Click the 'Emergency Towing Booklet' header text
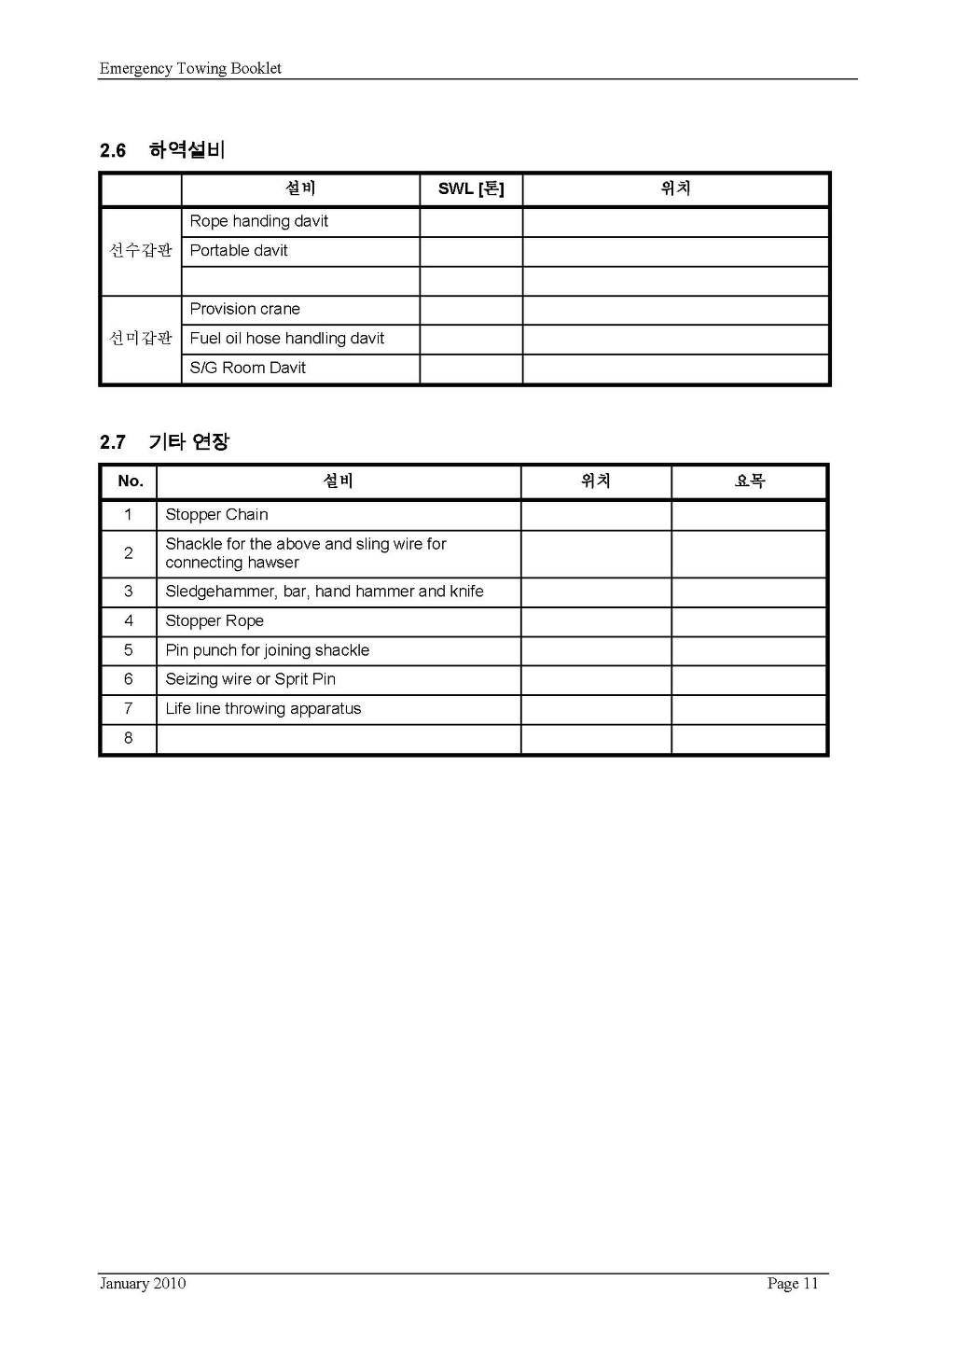pos(190,68)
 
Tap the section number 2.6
pos(113,150)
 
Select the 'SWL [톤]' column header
pos(471,188)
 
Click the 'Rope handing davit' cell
pos(259,221)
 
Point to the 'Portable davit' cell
pos(239,250)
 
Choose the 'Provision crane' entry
pos(245,309)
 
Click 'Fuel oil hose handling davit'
pos(287,338)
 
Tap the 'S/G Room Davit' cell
pos(248,368)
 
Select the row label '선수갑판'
pos(141,250)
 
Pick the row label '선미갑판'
pos(141,338)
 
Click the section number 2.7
pos(113,442)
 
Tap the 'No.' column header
pos(131,481)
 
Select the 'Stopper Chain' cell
pos(217,515)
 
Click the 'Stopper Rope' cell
pos(215,621)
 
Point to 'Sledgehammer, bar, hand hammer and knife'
pos(325,592)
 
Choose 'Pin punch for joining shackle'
pos(268,650)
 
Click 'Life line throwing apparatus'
pos(263,709)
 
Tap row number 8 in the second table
pos(129,738)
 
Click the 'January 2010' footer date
pos(143,1284)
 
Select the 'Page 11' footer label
pos(793,1284)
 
